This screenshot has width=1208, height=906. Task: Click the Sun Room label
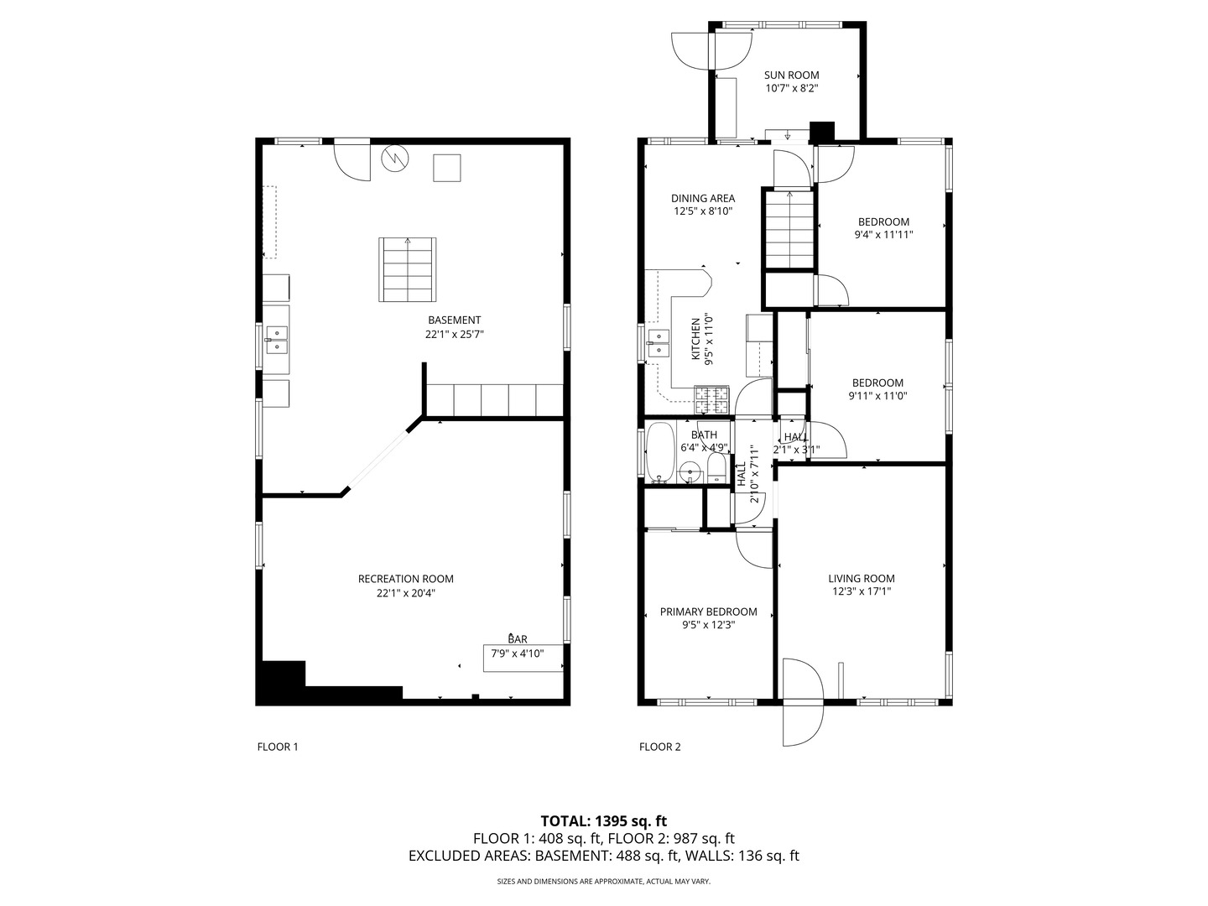tap(791, 75)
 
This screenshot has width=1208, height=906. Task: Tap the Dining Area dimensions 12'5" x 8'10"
tap(703, 211)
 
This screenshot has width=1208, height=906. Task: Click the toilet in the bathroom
tap(716, 467)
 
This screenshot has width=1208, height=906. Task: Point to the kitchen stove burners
tap(711, 400)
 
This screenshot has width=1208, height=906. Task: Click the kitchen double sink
tap(659, 343)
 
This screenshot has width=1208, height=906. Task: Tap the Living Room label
tap(862, 579)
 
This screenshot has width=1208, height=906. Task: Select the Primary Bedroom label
tap(708, 612)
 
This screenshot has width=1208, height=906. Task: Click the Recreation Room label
tap(405, 579)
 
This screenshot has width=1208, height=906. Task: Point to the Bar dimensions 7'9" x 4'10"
tap(518, 653)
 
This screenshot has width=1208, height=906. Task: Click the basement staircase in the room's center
tap(407, 269)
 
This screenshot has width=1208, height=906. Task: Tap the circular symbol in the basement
tap(395, 159)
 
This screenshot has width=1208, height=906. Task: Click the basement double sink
tap(276, 340)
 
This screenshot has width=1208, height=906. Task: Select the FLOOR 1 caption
tap(278, 747)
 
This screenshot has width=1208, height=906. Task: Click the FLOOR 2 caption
tap(660, 747)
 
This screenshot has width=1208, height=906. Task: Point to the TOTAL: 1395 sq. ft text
tap(604, 821)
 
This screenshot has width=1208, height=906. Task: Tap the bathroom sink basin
tap(690, 471)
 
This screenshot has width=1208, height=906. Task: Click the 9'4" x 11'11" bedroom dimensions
tap(883, 235)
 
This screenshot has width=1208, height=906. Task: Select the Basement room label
tap(455, 320)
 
